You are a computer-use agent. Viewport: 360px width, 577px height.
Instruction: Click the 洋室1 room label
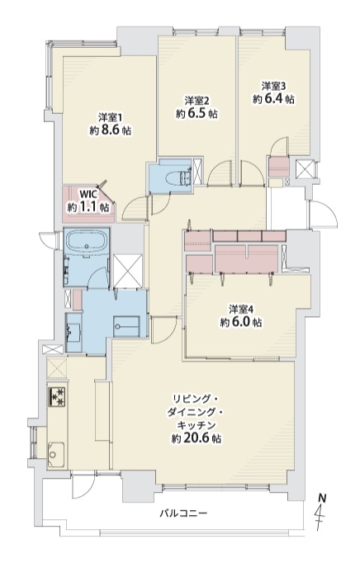tap(110, 118)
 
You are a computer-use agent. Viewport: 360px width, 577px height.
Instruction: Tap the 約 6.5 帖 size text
tap(197, 114)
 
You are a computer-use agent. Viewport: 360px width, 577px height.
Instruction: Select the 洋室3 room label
tap(274, 86)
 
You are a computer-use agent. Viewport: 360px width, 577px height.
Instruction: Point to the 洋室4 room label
tap(241, 309)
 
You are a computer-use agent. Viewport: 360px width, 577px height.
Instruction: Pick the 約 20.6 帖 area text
tap(197, 438)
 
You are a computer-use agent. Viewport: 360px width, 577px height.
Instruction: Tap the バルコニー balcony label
tap(183, 513)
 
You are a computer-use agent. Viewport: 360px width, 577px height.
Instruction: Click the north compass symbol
tap(322, 512)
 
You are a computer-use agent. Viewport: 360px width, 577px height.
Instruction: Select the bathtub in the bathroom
tap(87, 242)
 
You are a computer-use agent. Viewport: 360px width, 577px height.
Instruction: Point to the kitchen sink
tap(56, 455)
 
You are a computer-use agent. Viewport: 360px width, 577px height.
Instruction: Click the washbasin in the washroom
tap(73, 333)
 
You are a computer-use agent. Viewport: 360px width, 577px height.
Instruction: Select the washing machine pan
tap(126, 326)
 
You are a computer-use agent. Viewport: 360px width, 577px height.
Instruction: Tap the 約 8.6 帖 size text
tap(110, 130)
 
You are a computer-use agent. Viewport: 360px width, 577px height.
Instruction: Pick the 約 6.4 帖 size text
tap(273, 98)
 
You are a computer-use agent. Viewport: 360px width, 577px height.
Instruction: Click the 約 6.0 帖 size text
tap(241, 323)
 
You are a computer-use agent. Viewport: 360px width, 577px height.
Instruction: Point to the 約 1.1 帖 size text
tap(88, 207)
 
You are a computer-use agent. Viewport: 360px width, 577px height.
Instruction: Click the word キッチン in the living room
tap(197, 426)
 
